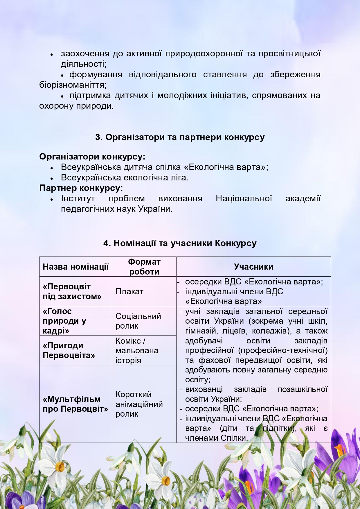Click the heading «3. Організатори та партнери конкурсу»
coord(180,137)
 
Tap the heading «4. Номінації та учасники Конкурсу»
coord(180,243)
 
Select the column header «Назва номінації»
coord(76,267)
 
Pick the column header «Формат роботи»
coord(144,267)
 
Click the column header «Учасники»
coord(253,267)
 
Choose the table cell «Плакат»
coord(129,291)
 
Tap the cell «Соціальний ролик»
coord(138,321)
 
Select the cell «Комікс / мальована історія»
coord(137,350)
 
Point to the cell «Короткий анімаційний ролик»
coord(139,404)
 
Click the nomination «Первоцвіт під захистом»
coord(72,291)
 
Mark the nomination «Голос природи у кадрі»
coord(64,321)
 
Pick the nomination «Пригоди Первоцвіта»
coord(69,350)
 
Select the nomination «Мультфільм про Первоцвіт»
coord(75,404)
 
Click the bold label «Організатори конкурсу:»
coord(92,157)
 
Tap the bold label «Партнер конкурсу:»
coord(81,188)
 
